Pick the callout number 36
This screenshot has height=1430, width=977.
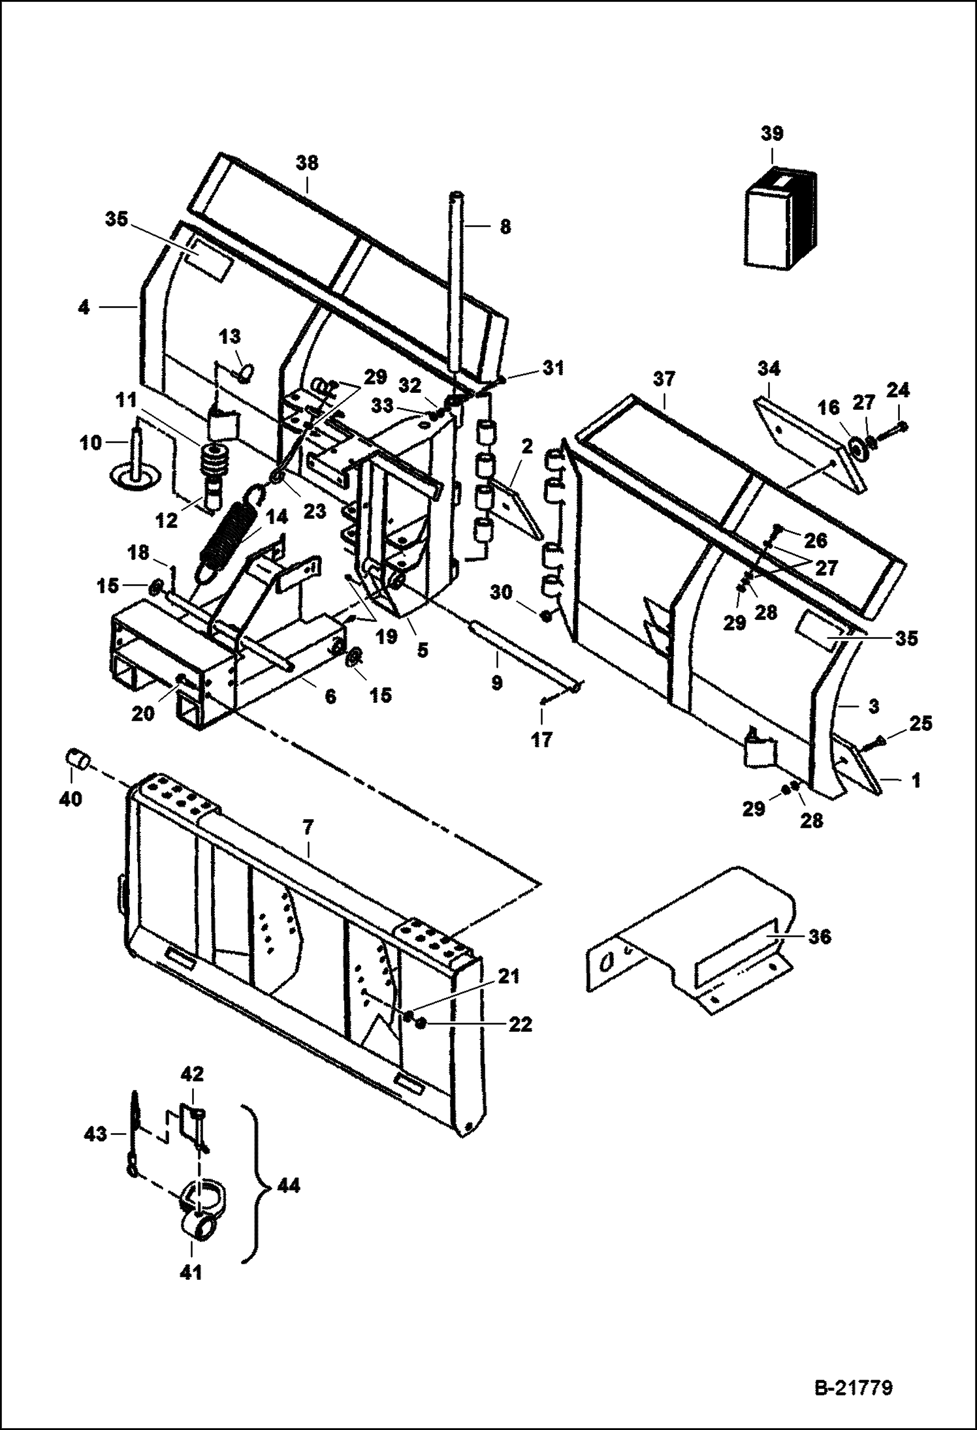click(x=820, y=937)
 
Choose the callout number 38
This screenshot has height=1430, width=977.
click(x=307, y=163)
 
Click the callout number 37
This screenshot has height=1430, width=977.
click(x=664, y=379)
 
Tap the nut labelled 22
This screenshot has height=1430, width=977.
click(x=421, y=1023)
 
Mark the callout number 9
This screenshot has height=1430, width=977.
click(x=496, y=682)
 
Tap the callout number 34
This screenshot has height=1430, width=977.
click(x=769, y=369)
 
